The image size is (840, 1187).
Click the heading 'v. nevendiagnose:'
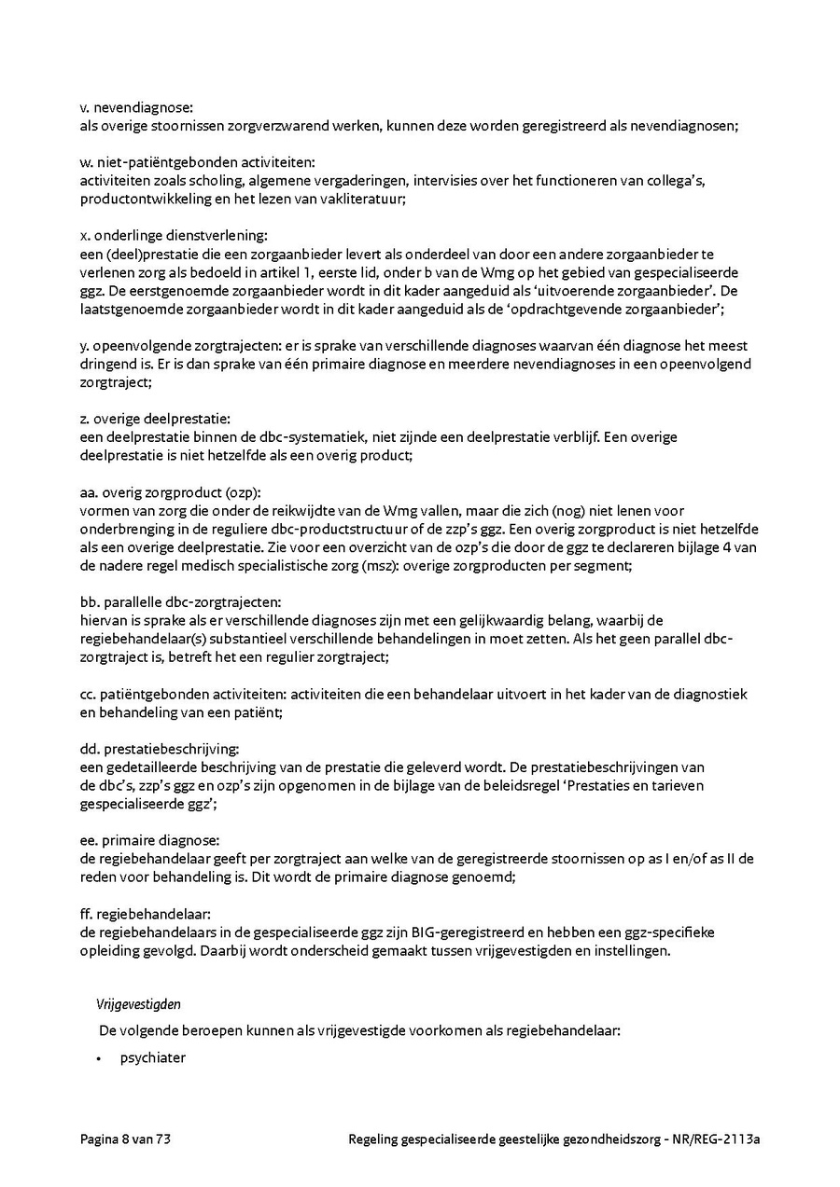[x=136, y=108]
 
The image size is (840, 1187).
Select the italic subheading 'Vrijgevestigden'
[x=138, y=1004]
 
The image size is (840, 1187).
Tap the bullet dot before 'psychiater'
[x=99, y=1059]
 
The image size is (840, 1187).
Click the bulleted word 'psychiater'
[x=153, y=1058]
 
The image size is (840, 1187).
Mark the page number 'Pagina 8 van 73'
[x=125, y=1139]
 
